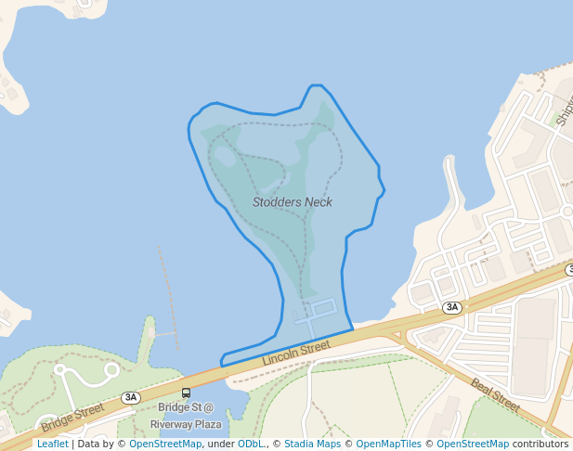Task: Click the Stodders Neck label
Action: pos(292,202)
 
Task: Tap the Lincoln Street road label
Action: pos(296,353)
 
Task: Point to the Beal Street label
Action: pos(495,394)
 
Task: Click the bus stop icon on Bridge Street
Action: pos(186,393)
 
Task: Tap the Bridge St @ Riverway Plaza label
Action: pos(186,416)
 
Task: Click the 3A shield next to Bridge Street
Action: pos(131,397)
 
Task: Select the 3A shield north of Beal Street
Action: pos(452,307)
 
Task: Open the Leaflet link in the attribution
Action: pos(52,445)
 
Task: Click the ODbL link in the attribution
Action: pos(251,445)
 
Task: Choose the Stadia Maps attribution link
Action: pos(312,445)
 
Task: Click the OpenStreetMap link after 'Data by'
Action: pos(165,445)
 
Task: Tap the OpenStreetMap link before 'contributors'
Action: pos(473,445)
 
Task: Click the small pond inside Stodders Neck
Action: pos(225,156)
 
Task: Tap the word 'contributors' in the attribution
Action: pos(540,445)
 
